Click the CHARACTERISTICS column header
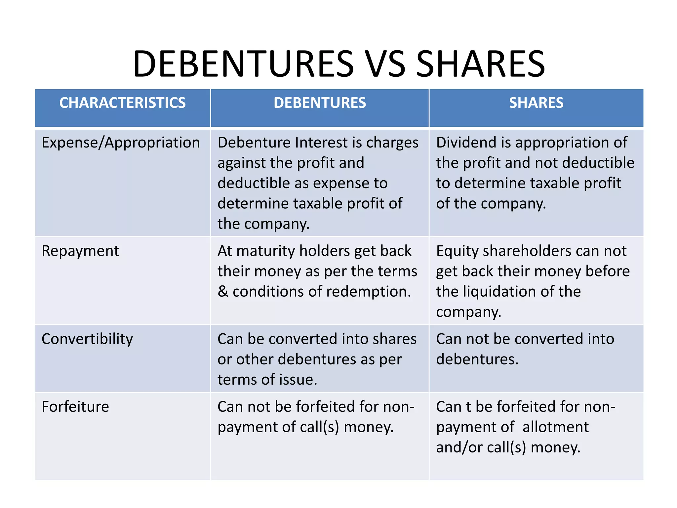click(122, 103)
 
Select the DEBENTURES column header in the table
click(320, 103)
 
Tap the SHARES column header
click(536, 103)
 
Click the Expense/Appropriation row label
click(121, 143)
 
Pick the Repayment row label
click(80, 251)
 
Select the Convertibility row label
click(87, 339)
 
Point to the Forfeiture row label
click(75, 407)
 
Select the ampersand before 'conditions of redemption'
click(223, 292)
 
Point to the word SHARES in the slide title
click(480, 63)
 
